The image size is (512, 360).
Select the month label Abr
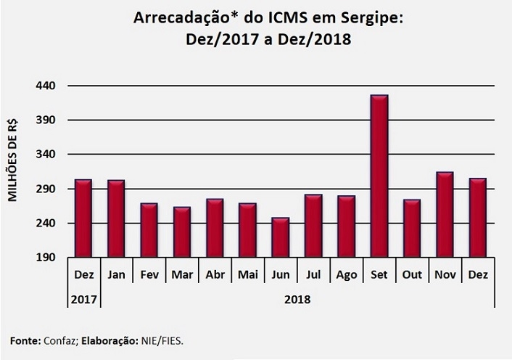click(x=215, y=275)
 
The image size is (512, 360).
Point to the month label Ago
click(x=346, y=275)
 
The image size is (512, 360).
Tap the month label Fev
click(x=149, y=275)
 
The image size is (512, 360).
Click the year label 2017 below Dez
click(x=83, y=298)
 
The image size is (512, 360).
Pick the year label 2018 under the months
click(x=297, y=298)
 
